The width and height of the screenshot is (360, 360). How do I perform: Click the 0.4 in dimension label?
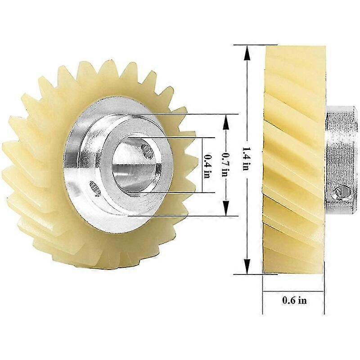(x=207, y=166)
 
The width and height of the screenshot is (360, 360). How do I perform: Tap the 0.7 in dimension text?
(x=226, y=166)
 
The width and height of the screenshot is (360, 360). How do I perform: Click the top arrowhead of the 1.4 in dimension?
(x=246, y=49)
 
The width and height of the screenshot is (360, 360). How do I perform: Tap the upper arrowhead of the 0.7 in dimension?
(x=226, y=118)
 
